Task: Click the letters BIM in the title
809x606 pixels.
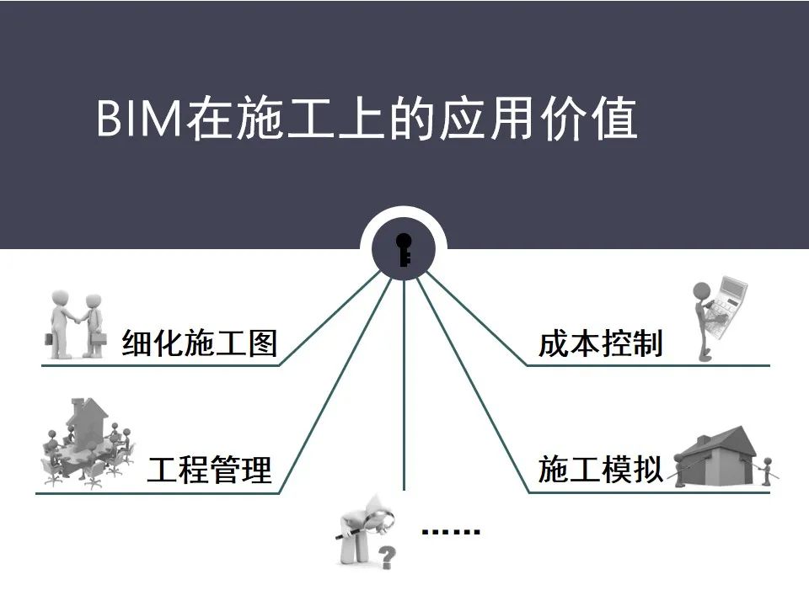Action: (139, 119)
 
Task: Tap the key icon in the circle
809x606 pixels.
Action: (404, 249)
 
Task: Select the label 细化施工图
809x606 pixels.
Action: (200, 343)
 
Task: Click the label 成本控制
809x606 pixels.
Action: (600, 343)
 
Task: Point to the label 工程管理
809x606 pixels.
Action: (209, 470)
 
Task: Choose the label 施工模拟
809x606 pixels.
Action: (600, 469)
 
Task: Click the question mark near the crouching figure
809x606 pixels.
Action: (387, 557)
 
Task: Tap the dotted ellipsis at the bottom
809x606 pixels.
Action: (451, 531)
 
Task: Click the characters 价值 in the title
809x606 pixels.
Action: (589, 119)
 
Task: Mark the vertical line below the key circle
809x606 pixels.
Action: (404, 385)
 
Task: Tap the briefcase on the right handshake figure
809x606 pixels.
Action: (98, 338)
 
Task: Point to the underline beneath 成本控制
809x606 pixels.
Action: (648, 365)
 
